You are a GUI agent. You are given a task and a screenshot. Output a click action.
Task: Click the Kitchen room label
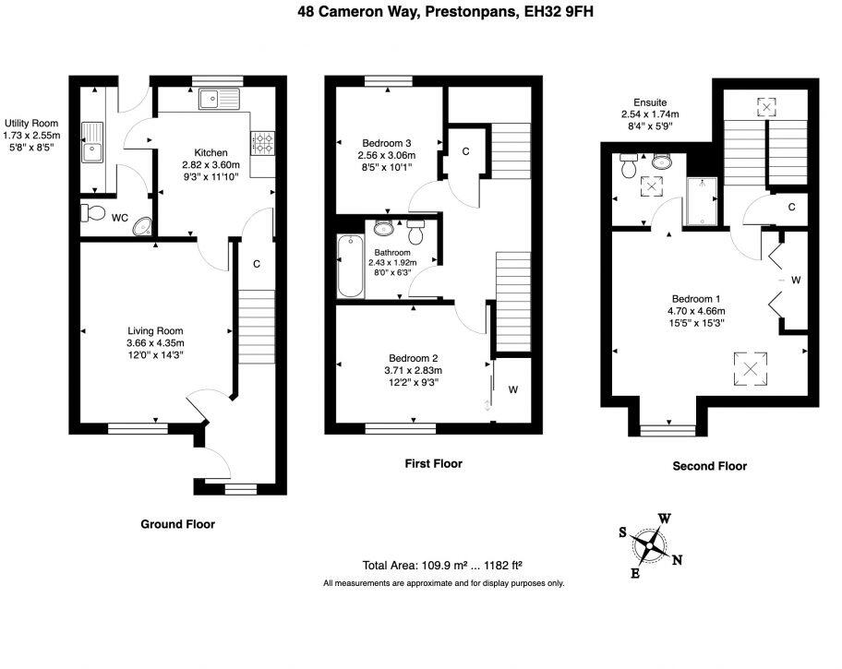coord(211,153)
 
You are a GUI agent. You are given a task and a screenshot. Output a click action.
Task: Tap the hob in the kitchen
coord(262,143)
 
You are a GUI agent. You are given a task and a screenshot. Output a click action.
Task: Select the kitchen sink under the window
coord(219,99)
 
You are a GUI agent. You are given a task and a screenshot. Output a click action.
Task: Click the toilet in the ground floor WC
coord(92,212)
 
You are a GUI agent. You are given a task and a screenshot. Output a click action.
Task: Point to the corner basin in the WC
coord(143,226)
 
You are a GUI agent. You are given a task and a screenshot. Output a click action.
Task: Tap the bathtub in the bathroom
coord(350,266)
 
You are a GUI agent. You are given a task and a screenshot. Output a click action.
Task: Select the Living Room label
coord(155,331)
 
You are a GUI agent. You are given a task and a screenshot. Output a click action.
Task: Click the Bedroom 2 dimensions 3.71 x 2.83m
coord(413,370)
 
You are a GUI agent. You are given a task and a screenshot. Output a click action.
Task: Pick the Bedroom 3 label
coord(387,143)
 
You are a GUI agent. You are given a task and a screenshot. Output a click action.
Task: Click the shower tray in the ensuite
coord(702,201)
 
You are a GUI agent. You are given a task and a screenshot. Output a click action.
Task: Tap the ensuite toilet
coord(628,166)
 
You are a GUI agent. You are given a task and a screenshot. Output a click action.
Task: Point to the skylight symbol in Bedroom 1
coord(751,369)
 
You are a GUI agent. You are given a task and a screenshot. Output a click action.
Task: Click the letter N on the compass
coord(677,560)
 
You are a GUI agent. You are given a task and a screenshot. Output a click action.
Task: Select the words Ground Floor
coord(178,524)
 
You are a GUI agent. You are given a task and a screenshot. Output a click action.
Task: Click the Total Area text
coord(442,565)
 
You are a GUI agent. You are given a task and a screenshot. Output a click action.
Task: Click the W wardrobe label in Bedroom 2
coord(512,389)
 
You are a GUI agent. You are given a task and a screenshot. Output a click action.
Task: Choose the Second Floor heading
coord(709,466)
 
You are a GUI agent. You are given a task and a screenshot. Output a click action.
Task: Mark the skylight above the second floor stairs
coord(766,107)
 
